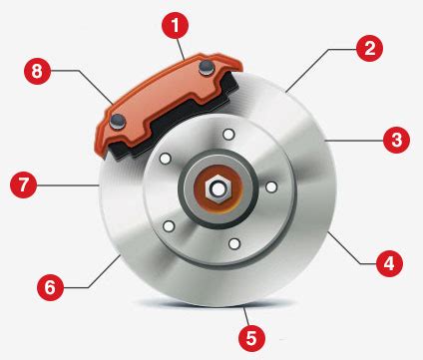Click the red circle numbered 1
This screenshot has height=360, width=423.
click(x=175, y=25)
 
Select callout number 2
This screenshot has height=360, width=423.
click(x=369, y=48)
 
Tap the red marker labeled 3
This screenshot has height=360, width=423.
click(x=396, y=140)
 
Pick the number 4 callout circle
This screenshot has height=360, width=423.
click(x=389, y=263)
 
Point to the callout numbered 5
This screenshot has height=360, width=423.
click(x=252, y=338)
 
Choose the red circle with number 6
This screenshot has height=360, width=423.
click(x=50, y=287)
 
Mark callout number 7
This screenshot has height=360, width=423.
click(x=23, y=184)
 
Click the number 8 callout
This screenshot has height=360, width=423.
click(x=37, y=71)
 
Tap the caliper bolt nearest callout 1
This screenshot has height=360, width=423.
click(x=207, y=68)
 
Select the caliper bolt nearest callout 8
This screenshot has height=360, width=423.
click(x=118, y=121)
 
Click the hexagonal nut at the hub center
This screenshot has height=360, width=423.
click(x=217, y=189)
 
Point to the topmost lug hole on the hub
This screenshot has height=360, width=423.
click(x=228, y=135)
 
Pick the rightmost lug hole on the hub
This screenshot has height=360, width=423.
click(x=271, y=186)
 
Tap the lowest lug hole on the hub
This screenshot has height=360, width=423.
click(x=234, y=244)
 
